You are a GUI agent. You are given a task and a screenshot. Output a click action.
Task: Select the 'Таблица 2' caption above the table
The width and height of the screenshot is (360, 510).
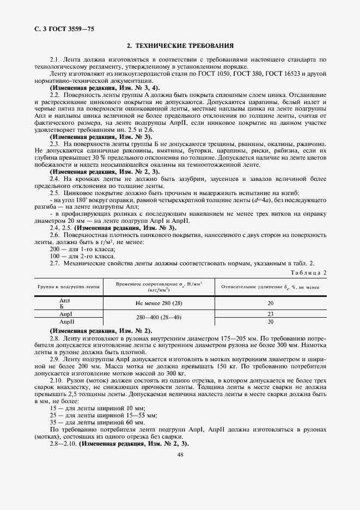pos(309,272)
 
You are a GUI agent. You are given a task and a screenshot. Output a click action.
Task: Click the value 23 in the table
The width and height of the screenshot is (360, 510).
pos(270,314)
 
